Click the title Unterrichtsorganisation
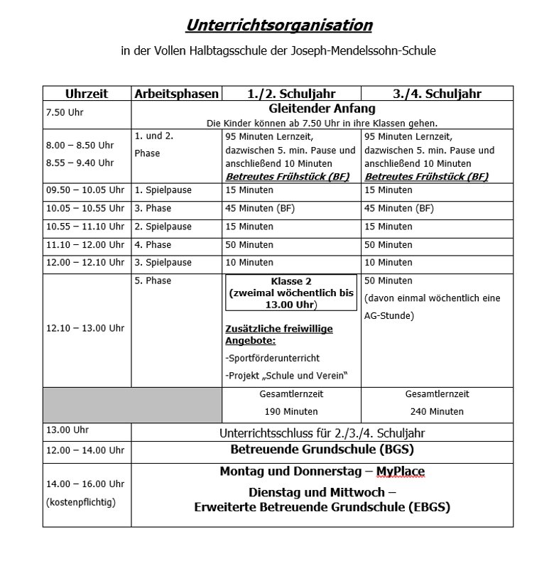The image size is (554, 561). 278,26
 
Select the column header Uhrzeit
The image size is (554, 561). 87,94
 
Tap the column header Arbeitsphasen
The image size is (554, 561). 176,94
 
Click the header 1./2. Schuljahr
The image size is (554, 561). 291,94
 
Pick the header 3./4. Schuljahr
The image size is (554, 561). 437,94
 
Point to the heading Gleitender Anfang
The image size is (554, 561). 322,109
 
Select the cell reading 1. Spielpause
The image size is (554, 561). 163,190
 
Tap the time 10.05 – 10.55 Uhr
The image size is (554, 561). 85,209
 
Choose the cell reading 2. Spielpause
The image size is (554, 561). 163,227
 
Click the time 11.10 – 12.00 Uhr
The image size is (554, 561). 85,245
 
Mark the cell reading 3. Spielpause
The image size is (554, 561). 163,263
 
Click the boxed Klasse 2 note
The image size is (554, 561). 291,293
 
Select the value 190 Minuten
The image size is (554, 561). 291,412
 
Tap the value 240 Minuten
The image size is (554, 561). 437,412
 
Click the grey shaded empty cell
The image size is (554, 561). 132,404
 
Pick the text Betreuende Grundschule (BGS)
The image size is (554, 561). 322,450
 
